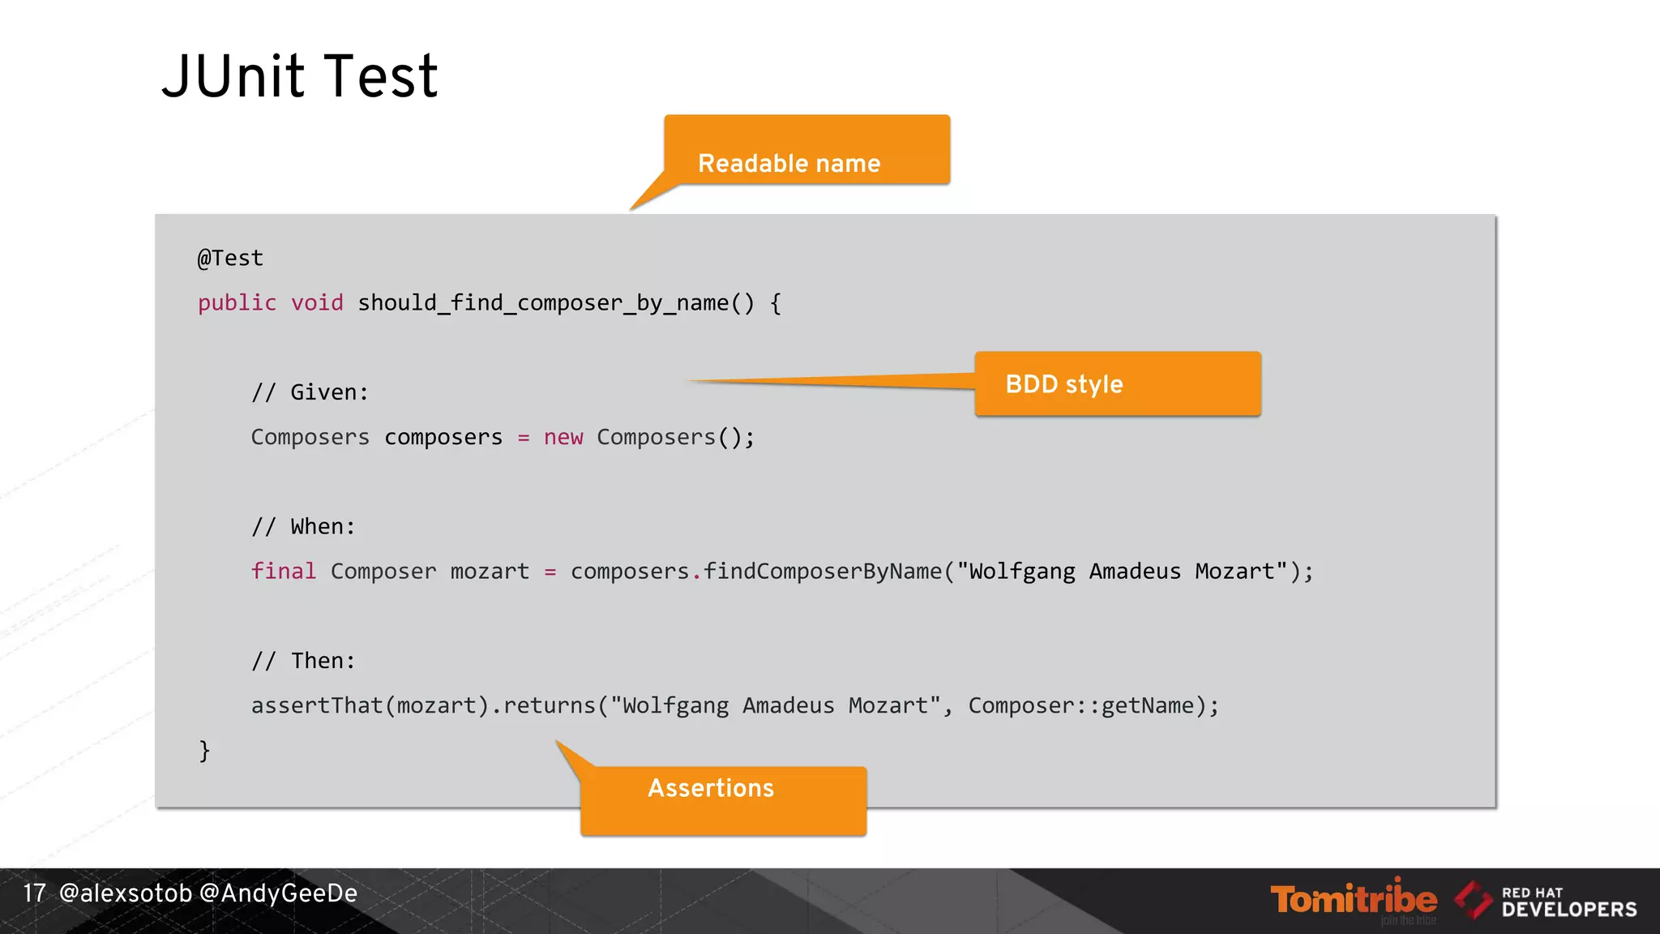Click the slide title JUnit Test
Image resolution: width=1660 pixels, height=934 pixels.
pyautogui.click(x=299, y=76)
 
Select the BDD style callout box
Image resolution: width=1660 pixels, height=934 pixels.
pyautogui.click(x=1117, y=383)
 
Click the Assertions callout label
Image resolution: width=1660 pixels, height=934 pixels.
pyautogui.click(x=711, y=788)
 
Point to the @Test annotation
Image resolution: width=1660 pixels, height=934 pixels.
pyautogui.click(x=230, y=258)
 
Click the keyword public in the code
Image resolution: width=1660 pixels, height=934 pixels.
pyautogui.click(x=237, y=303)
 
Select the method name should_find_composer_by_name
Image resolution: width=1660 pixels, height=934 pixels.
pyautogui.click(x=543, y=303)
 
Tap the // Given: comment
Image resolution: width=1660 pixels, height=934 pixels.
pyautogui.click(x=310, y=392)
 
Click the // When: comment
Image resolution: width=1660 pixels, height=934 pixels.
pyautogui.click(x=303, y=527)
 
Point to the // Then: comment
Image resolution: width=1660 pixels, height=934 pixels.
pyautogui.click(x=303, y=661)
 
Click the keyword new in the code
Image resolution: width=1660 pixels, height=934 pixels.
pyautogui.click(x=563, y=438)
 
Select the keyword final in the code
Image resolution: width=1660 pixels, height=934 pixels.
pyautogui.click(x=283, y=572)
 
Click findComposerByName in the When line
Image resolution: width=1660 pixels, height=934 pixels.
pyautogui.click(x=823, y=572)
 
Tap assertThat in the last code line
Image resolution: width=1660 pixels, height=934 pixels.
pyautogui.click(x=317, y=705)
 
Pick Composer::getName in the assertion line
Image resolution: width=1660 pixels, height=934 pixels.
pyautogui.click(x=1081, y=705)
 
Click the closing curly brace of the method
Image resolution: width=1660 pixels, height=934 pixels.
pyautogui.click(x=204, y=750)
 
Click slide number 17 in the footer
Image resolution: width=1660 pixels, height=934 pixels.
pyautogui.click(x=34, y=893)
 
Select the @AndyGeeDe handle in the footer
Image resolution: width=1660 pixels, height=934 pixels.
pyautogui.click(x=278, y=893)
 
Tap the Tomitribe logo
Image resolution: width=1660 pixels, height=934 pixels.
pyautogui.click(x=1353, y=900)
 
